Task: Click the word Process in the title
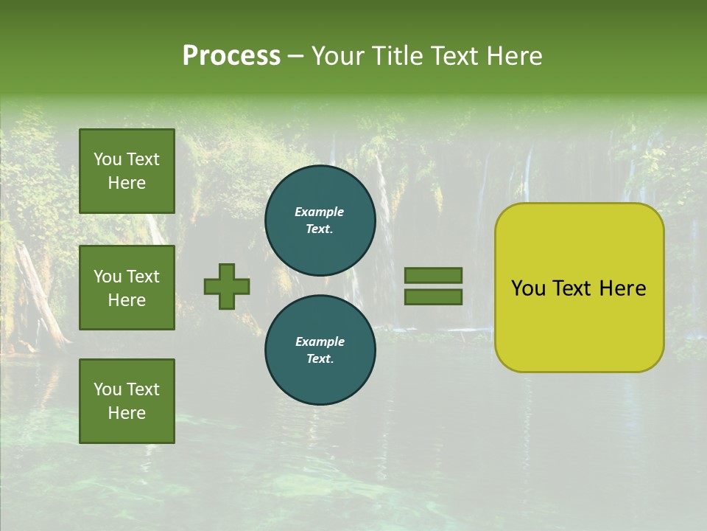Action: pyautogui.click(x=231, y=56)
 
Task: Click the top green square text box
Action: pyautogui.click(x=127, y=171)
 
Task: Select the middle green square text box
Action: pyautogui.click(x=127, y=288)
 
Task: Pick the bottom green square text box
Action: pyautogui.click(x=127, y=401)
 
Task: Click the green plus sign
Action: pyautogui.click(x=226, y=286)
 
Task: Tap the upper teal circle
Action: pyautogui.click(x=320, y=221)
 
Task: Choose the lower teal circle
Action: pyautogui.click(x=320, y=350)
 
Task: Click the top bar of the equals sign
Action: pyautogui.click(x=433, y=275)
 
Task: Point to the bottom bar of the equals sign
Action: pyautogui.click(x=433, y=297)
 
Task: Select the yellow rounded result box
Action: pyautogui.click(x=579, y=288)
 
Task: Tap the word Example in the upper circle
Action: pyautogui.click(x=320, y=212)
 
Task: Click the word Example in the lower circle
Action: pyautogui.click(x=320, y=341)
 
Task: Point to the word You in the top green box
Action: pyautogui.click(x=108, y=159)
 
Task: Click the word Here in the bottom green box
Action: pyautogui.click(x=127, y=413)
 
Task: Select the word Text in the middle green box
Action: pyautogui.click(x=142, y=277)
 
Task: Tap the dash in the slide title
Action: pyautogui.click(x=295, y=56)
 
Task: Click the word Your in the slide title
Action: pyautogui.click(x=339, y=56)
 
